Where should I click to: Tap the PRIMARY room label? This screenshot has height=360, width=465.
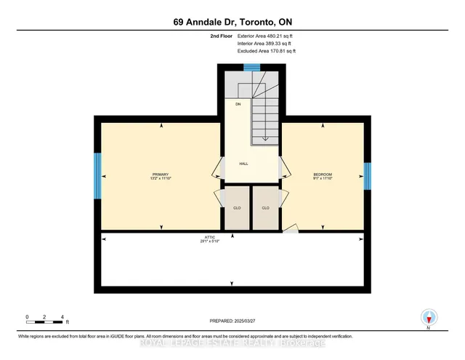pos(160,174)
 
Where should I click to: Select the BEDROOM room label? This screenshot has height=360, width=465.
pos(323,174)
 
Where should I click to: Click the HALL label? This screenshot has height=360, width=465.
pos(244,164)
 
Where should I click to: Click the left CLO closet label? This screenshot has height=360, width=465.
pos(236,208)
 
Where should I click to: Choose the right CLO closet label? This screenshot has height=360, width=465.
pos(265,208)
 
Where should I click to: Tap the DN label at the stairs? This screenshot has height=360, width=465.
pos(237,105)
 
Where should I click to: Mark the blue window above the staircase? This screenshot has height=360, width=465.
pos(251,68)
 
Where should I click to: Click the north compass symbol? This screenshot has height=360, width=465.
pos(429,318)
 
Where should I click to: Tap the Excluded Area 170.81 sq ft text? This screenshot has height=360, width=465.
pos(266,51)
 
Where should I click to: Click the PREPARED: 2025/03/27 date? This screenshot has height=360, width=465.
pos(233,320)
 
